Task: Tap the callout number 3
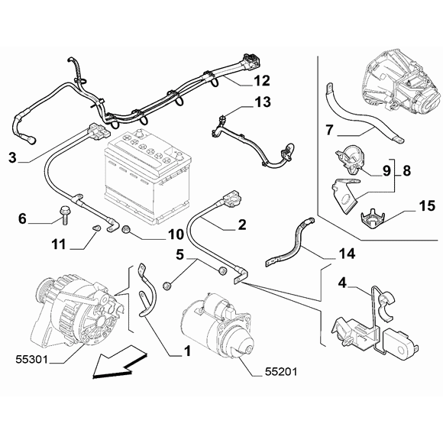[x=12, y=157]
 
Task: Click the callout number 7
[x=330, y=130]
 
